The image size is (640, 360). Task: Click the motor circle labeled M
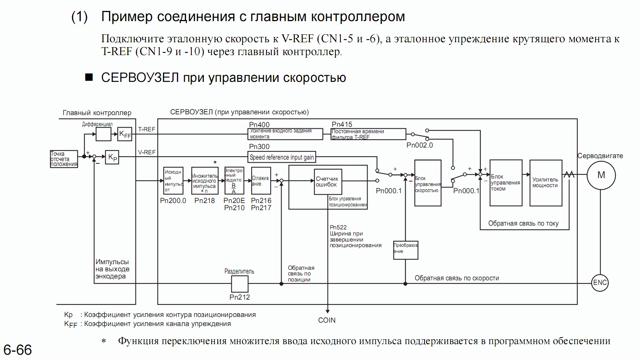point(601,175)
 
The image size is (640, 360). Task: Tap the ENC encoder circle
point(600,283)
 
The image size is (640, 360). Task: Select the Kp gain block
point(112,157)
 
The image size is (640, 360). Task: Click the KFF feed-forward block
point(125,134)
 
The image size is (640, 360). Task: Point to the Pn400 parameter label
point(259,125)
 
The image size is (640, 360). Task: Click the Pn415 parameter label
point(342,124)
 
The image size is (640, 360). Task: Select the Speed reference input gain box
point(282,157)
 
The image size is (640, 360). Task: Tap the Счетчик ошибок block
point(328,182)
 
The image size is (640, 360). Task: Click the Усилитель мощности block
point(546,183)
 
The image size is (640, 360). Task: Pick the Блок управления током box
point(506,183)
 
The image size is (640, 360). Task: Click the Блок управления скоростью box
point(428,183)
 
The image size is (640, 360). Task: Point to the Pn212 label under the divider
point(240,297)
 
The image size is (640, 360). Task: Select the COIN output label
point(327,320)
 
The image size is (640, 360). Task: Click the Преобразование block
point(406,250)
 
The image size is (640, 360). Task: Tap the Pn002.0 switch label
point(420,145)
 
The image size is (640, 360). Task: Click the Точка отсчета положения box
point(64,159)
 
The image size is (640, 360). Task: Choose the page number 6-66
point(17,350)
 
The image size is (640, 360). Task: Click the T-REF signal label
point(146,129)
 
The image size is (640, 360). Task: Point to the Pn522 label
point(338,227)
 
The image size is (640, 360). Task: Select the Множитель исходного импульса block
point(205,181)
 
